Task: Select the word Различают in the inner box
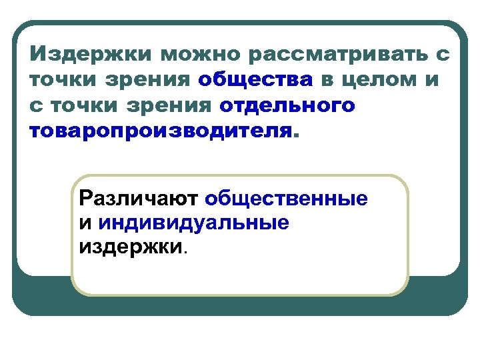pyautogui.click(x=139, y=199)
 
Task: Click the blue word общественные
pyautogui.click(x=286, y=199)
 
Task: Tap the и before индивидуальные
pyautogui.click(x=85, y=223)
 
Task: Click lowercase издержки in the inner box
pyautogui.click(x=130, y=247)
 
